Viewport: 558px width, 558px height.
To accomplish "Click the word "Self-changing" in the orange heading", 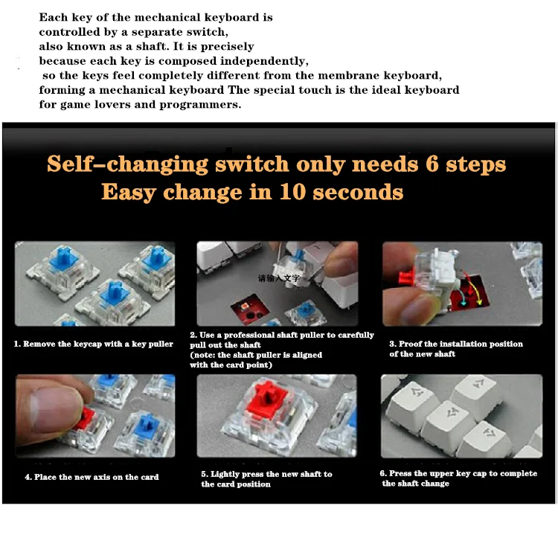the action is (x=127, y=164).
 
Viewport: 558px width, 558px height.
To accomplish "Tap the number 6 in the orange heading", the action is (x=432, y=164).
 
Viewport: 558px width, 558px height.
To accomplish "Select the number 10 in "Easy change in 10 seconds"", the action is (x=292, y=191).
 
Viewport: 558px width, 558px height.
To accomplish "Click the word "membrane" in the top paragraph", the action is (x=348, y=75).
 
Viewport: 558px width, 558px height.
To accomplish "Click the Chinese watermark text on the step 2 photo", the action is (x=279, y=278).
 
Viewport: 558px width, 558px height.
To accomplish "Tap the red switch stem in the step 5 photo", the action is (x=267, y=397).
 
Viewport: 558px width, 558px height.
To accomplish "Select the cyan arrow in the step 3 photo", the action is (x=461, y=297).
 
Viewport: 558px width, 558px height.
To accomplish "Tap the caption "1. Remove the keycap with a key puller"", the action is (x=94, y=344).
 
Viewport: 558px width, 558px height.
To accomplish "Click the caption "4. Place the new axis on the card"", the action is (x=92, y=477).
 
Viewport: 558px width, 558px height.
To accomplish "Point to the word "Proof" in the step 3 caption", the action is (x=410, y=344).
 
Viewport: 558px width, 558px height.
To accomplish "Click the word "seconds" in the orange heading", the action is (x=358, y=192).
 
